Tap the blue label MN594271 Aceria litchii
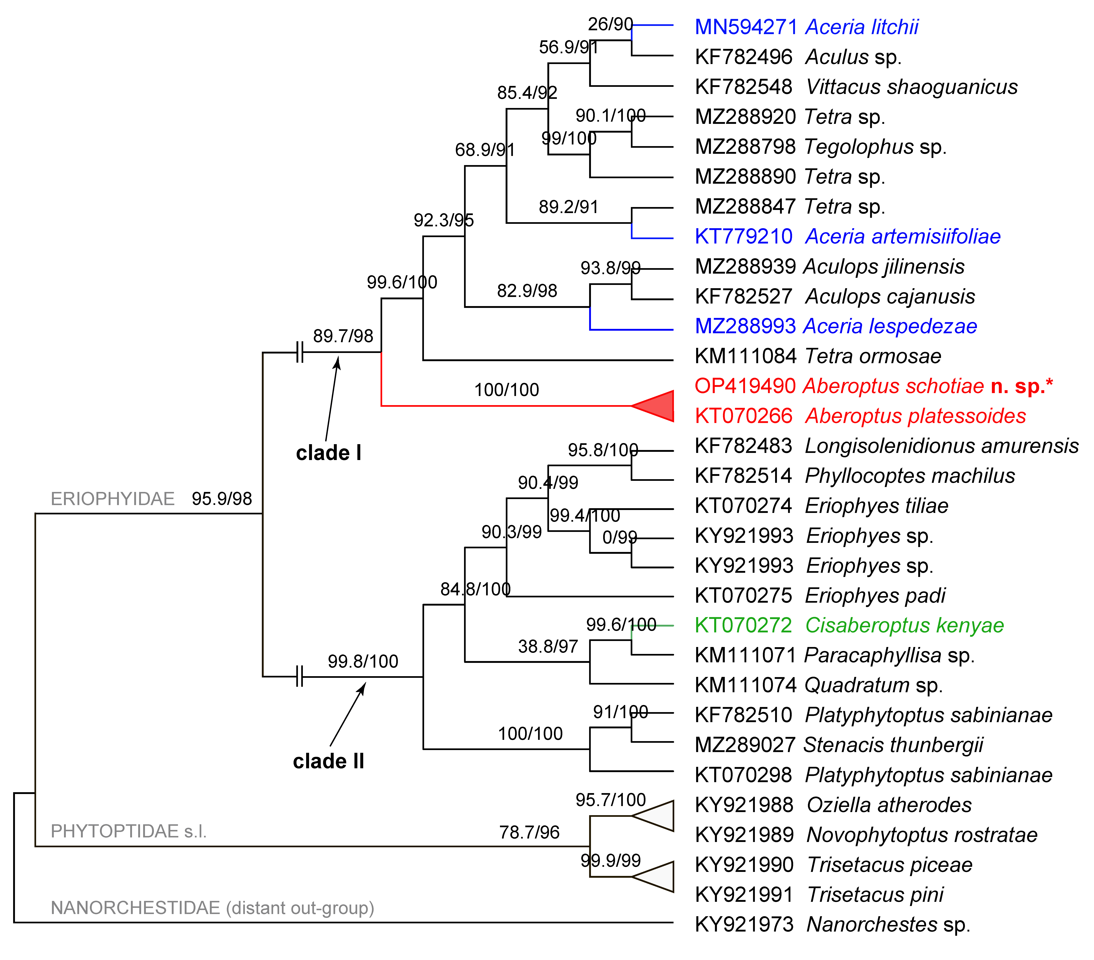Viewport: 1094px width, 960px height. point(806,27)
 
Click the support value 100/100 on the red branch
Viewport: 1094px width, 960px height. point(506,390)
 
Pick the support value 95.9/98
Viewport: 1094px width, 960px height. point(222,499)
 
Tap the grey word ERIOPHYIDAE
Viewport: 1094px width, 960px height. point(112,499)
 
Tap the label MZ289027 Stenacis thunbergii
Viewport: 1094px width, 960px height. point(839,745)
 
